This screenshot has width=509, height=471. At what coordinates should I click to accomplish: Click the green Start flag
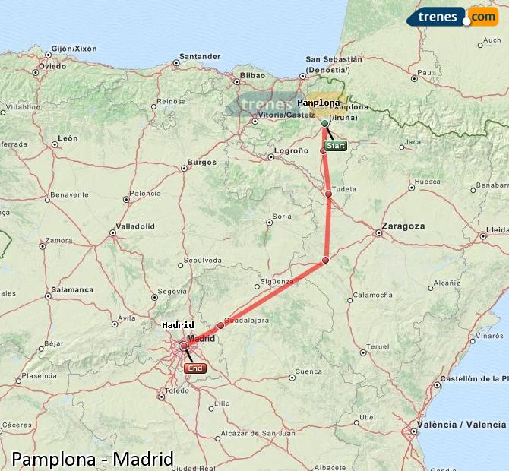pyautogui.click(x=335, y=145)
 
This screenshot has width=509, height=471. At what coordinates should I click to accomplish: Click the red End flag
pyautogui.click(x=195, y=368)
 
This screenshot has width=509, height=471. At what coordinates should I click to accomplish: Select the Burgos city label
pyautogui.click(x=202, y=162)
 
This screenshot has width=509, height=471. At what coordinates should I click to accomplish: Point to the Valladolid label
pyautogui.click(x=135, y=226)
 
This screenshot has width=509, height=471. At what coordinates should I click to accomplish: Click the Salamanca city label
pyautogui.click(x=72, y=289)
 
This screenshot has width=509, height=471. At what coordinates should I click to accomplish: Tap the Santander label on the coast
pyautogui.click(x=200, y=55)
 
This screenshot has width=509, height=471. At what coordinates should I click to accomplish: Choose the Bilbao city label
pyautogui.click(x=252, y=75)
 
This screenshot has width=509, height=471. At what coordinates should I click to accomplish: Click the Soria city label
pyautogui.click(x=282, y=217)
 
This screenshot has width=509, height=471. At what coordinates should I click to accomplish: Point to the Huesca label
pyautogui.click(x=428, y=182)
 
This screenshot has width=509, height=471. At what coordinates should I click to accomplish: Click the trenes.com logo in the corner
pyautogui.click(x=452, y=16)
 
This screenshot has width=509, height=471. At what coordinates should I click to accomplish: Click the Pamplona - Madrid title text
pyautogui.click(x=93, y=459)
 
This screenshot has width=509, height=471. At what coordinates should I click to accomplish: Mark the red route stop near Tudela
pyautogui.click(x=329, y=194)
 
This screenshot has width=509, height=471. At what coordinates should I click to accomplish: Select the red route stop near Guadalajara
pyautogui.click(x=221, y=325)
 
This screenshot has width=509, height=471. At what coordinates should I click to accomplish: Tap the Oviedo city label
pyautogui.click(x=52, y=65)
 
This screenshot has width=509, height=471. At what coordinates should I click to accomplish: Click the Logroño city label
pyautogui.click(x=291, y=151)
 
